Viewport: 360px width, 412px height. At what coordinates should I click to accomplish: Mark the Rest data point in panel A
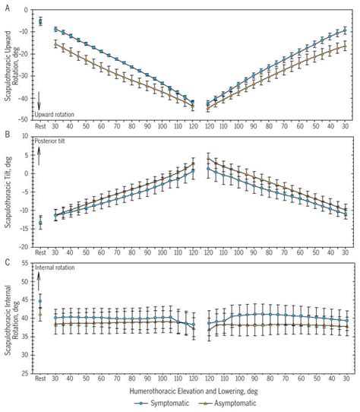click(x=41, y=21)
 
